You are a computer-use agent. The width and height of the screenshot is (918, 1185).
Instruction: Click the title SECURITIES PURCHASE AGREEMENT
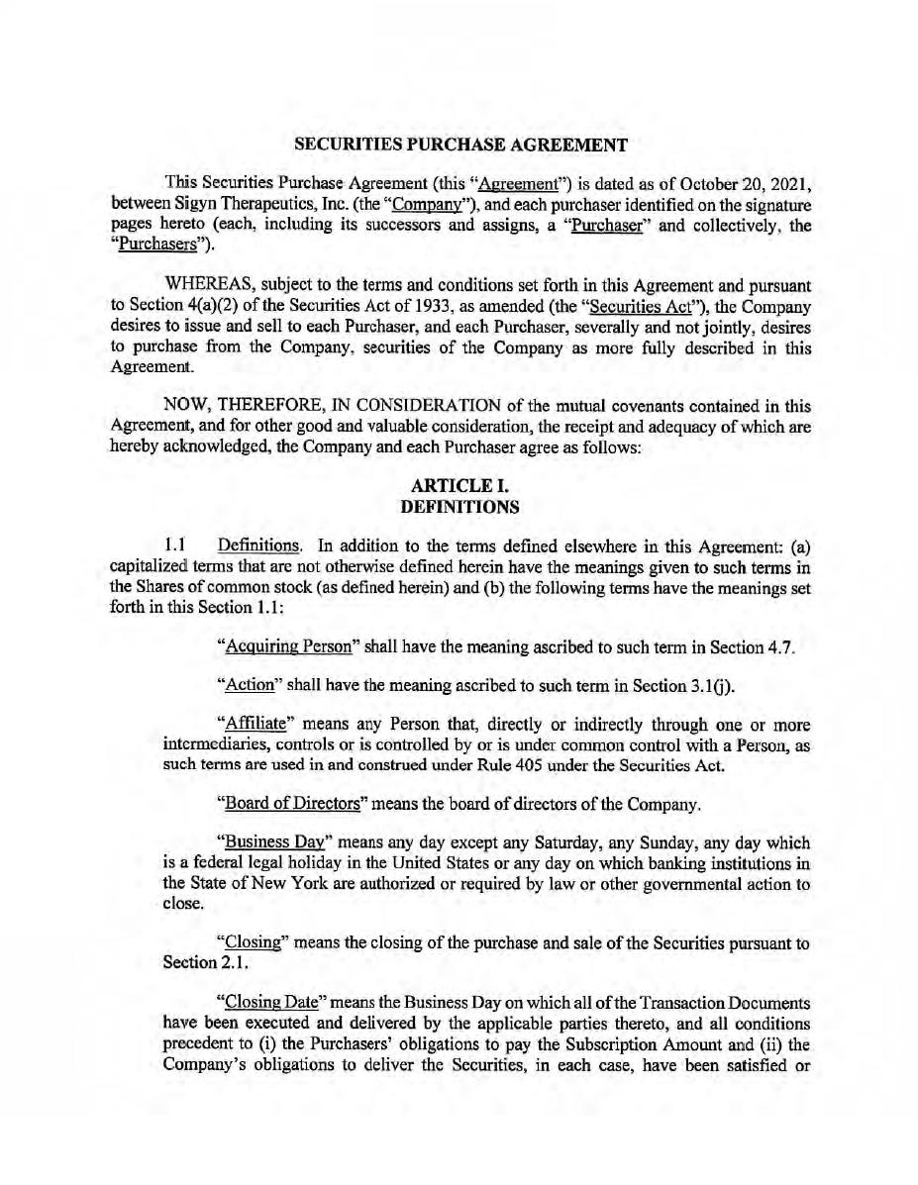(x=460, y=145)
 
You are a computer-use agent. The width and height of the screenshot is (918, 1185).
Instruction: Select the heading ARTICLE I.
(x=459, y=487)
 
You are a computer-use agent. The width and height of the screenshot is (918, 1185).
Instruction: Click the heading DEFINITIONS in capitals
(x=459, y=507)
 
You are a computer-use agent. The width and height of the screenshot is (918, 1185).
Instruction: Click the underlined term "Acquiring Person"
(x=288, y=647)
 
